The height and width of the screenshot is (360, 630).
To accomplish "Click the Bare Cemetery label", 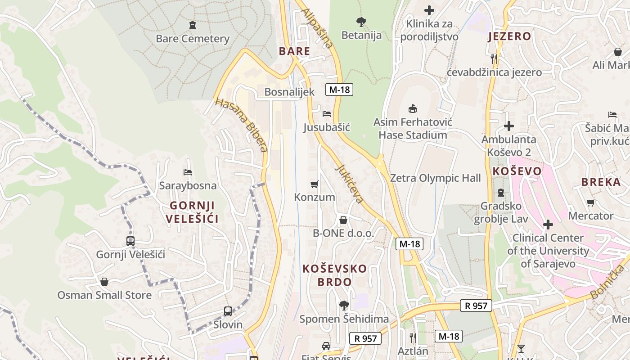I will pyautogui.click(x=193, y=39).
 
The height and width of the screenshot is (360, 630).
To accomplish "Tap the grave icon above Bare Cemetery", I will pyautogui.click(x=193, y=25).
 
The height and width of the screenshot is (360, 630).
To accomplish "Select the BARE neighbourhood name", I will pyautogui.click(x=295, y=51).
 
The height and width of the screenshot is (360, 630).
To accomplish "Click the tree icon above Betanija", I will pyautogui.click(x=361, y=21).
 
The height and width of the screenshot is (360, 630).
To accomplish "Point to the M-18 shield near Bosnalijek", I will pyautogui.click(x=339, y=90).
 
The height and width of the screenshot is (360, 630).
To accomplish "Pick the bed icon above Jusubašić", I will pyautogui.click(x=327, y=114).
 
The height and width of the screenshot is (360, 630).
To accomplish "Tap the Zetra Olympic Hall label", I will pyautogui.click(x=435, y=178).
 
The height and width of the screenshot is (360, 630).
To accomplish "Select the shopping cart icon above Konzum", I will pyautogui.click(x=315, y=184).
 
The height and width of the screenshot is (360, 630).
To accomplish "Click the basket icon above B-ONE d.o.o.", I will pyautogui.click(x=343, y=220).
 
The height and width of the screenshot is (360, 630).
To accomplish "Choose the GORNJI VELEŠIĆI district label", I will pyautogui.click(x=192, y=212).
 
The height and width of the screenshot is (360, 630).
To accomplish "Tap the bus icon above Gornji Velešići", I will pyautogui.click(x=130, y=241).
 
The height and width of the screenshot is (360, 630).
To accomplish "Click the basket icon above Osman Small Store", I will pyautogui.click(x=104, y=282).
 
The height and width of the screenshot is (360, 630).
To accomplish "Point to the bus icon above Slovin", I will pyautogui.click(x=228, y=311).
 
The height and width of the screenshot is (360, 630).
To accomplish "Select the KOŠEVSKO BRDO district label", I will pyautogui.click(x=334, y=275).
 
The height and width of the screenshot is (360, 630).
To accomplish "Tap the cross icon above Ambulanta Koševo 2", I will pyautogui.click(x=509, y=126).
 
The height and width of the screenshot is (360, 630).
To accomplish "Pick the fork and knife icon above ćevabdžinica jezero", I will pyautogui.click(x=494, y=58).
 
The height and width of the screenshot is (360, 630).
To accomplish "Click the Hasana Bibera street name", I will pyautogui.click(x=242, y=125).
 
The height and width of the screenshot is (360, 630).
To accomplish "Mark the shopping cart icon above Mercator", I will pyautogui.click(x=591, y=202).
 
